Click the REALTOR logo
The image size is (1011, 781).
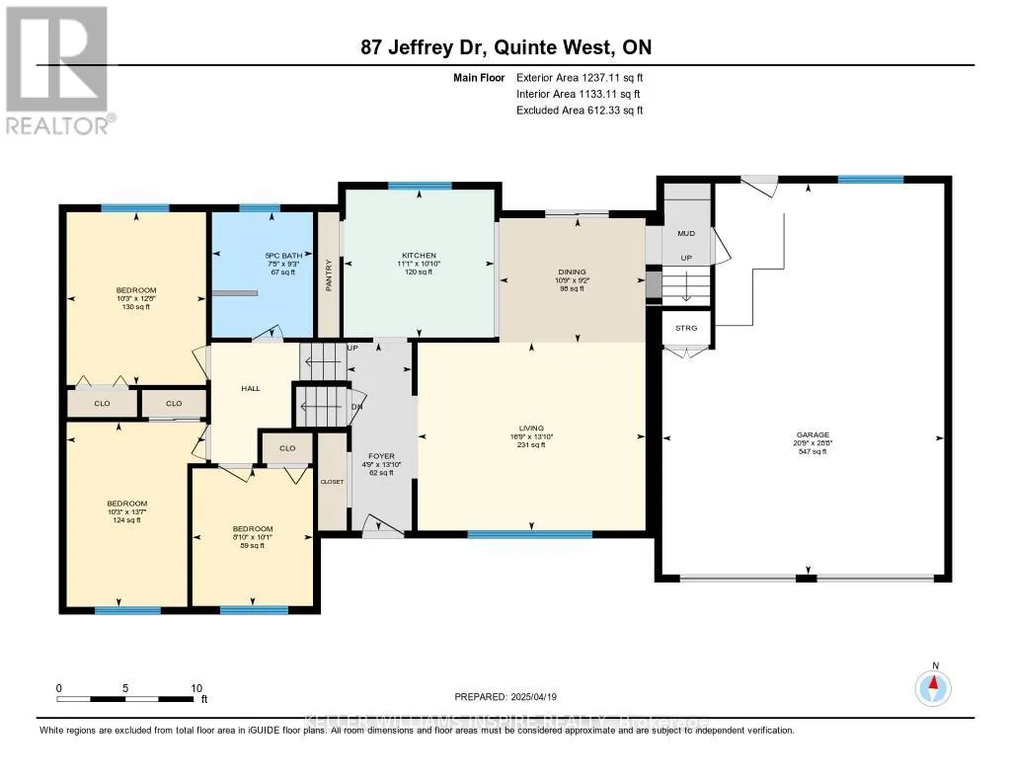[x=58, y=69]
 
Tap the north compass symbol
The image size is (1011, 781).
[x=933, y=685]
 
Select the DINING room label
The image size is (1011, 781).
[x=572, y=273]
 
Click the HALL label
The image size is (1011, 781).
[x=251, y=389]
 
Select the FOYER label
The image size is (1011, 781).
[x=380, y=456]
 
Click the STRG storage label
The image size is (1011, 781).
[x=686, y=327]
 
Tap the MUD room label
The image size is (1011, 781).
[x=685, y=235]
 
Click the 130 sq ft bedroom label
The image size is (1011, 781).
[x=136, y=290]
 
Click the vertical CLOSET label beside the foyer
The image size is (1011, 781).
[x=332, y=482]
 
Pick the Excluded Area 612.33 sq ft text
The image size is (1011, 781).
[x=580, y=111]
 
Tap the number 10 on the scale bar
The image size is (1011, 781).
[x=196, y=688]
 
